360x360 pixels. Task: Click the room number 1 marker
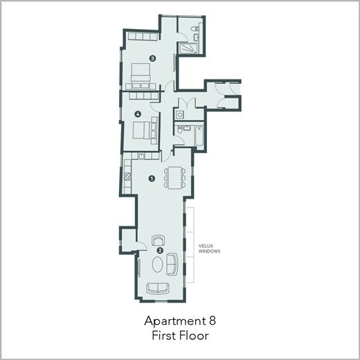(x=152, y=179)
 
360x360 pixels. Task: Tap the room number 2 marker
(x=160, y=251)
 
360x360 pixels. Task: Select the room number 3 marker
(x=152, y=59)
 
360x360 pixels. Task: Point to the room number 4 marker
(x=138, y=114)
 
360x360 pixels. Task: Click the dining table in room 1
(x=175, y=178)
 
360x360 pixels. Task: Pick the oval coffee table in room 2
(x=158, y=264)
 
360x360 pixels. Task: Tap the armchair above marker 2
(x=159, y=240)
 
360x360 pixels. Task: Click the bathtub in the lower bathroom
(x=199, y=136)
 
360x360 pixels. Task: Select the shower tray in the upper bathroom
(x=189, y=48)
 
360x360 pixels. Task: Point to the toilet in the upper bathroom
(x=195, y=28)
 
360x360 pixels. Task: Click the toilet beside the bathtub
(x=179, y=130)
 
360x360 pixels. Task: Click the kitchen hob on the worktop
(x=127, y=176)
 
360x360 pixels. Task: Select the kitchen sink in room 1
(x=141, y=156)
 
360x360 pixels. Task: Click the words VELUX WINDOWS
(x=209, y=249)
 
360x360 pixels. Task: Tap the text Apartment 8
(x=180, y=321)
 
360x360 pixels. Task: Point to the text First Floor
(x=180, y=336)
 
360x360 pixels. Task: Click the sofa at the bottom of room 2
(x=158, y=289)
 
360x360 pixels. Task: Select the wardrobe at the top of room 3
(x=143, y=37)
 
